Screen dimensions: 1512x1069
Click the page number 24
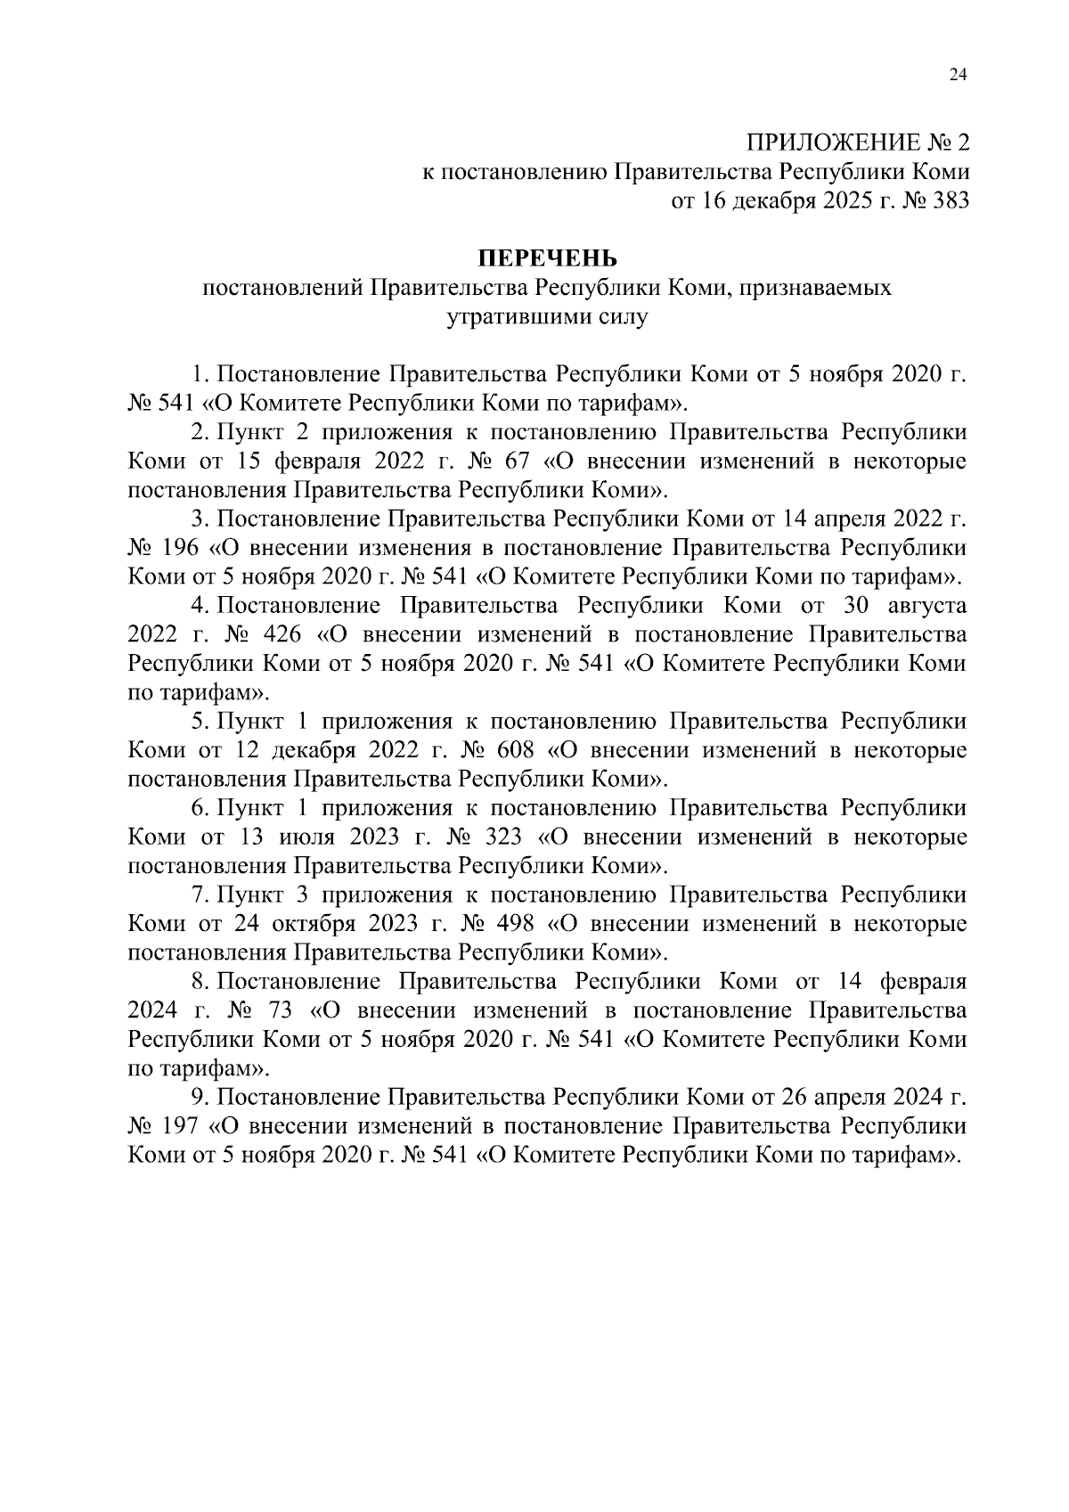[958, 76]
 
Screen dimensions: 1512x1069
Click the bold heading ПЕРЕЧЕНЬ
[543, 258]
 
